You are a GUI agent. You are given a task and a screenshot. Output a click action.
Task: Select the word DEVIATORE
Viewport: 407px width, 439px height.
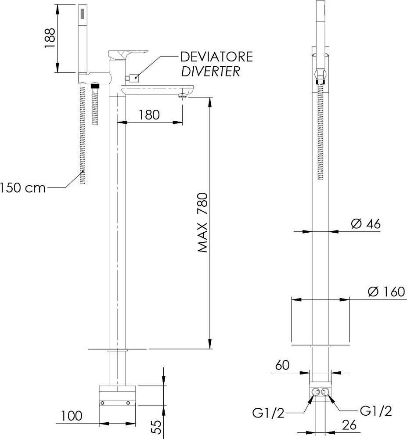(216, 57)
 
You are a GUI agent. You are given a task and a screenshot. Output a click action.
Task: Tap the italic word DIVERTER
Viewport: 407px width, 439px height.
(210, 71)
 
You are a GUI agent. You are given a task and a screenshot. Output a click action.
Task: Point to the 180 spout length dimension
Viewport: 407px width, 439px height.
(149, 115)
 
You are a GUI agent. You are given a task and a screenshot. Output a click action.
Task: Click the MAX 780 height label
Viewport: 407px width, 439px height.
(202, 223)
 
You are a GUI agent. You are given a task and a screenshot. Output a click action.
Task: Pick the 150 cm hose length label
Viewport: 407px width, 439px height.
(22, 187)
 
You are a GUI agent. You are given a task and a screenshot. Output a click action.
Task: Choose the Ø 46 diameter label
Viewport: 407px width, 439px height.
(366, 224)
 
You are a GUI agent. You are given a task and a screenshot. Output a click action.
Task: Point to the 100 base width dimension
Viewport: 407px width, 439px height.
(72, 415)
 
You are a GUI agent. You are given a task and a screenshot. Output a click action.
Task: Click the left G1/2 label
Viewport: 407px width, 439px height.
(268, 412)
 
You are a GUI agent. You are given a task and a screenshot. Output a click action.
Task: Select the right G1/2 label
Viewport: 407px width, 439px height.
(375, 411)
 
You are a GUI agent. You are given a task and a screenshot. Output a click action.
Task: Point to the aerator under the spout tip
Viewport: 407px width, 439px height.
(183, 95)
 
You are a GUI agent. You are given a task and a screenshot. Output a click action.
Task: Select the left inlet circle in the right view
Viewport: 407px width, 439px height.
(315, 392)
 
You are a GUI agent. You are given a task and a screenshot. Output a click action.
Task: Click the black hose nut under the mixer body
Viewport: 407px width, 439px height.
(94, 86)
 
